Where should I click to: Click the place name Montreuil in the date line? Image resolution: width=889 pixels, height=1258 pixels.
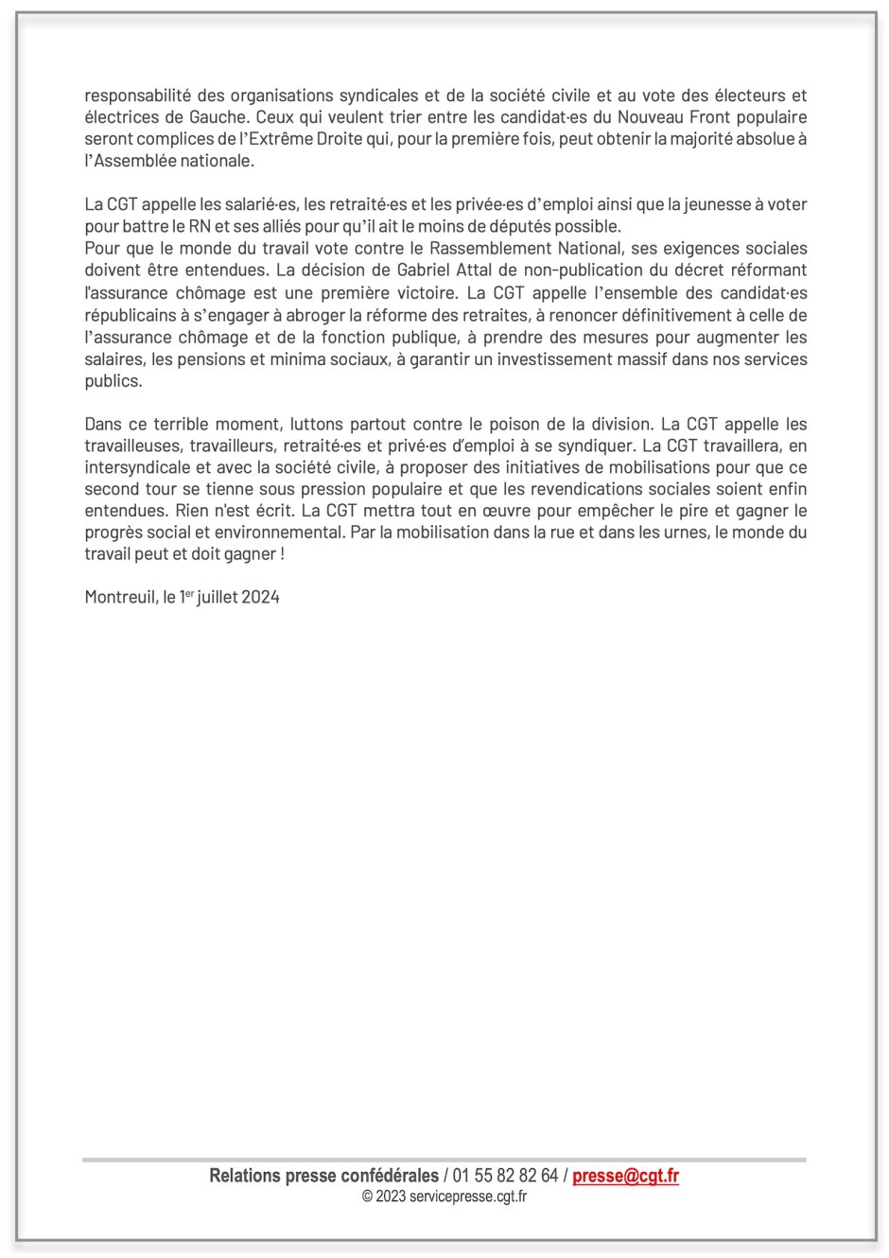point(120,597)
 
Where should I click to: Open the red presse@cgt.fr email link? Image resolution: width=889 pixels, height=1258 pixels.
point(625,1176)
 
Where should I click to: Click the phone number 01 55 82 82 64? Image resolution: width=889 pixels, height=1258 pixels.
point(505,1176)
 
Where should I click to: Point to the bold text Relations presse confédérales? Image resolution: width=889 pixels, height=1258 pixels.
point(323,1176)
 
